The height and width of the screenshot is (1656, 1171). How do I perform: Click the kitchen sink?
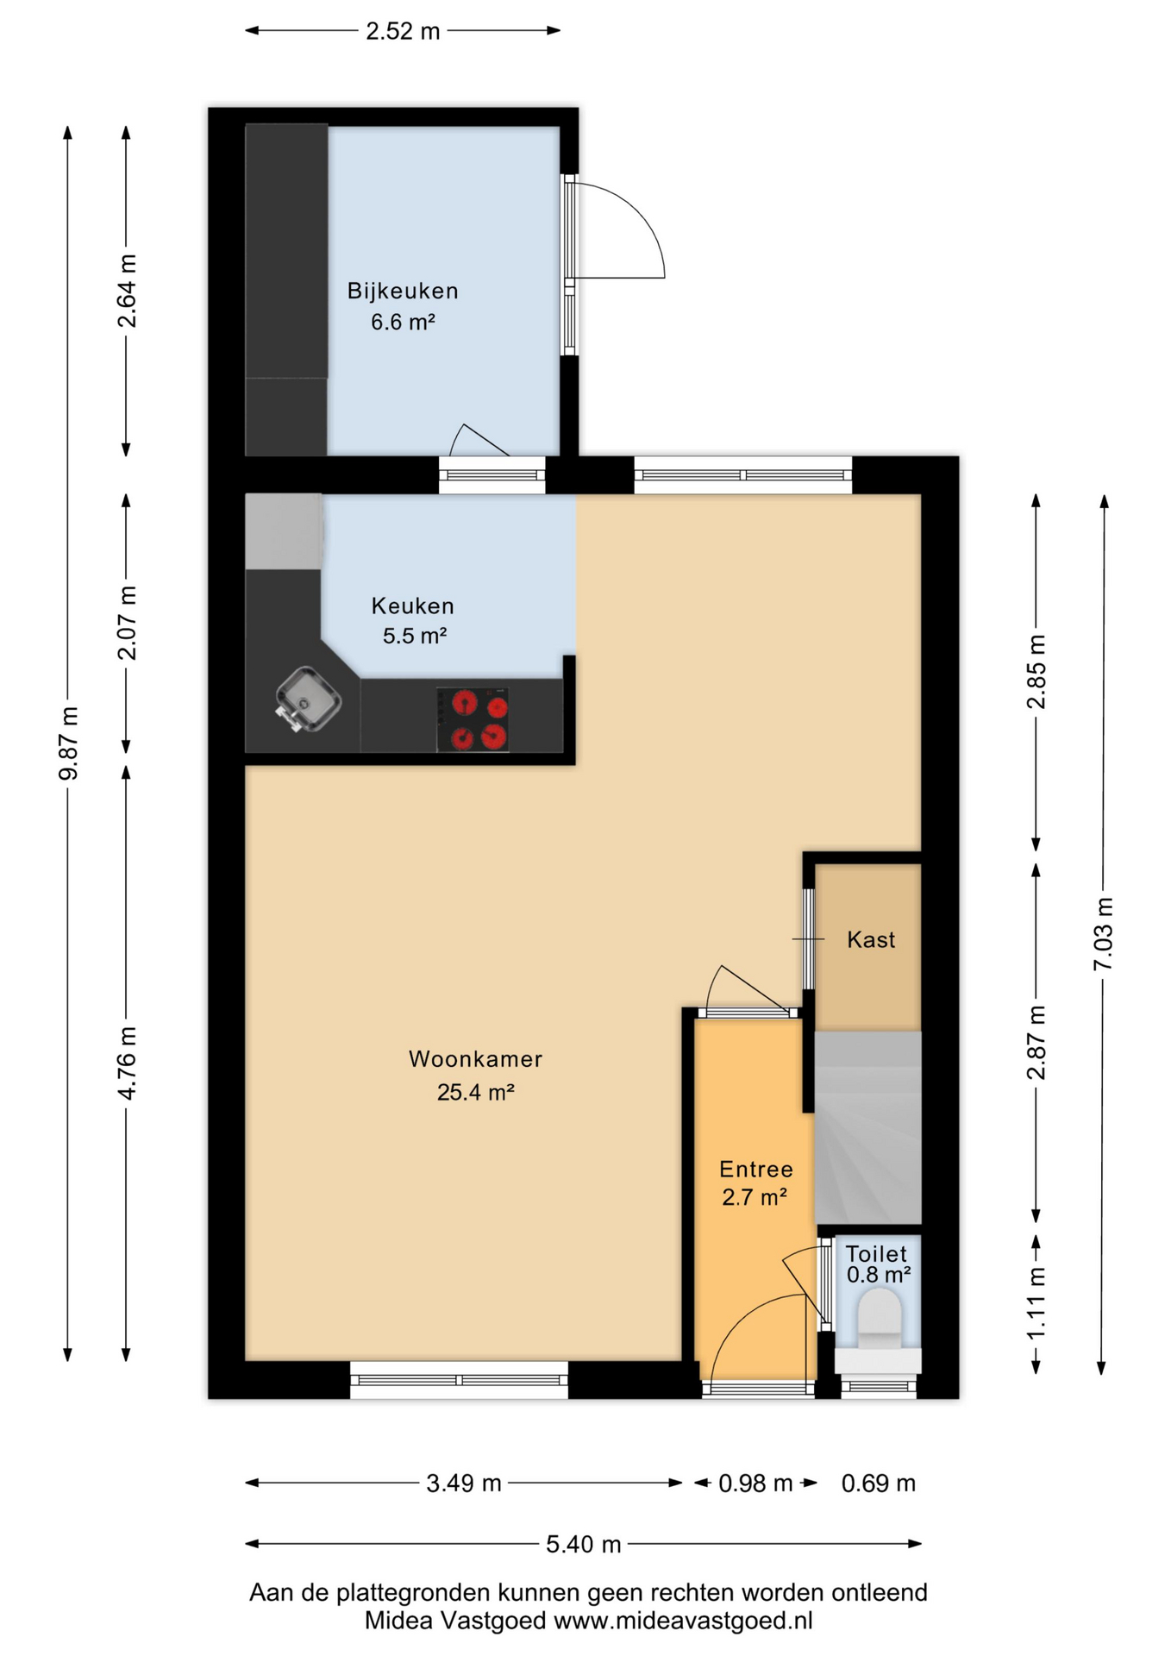coord(309,699)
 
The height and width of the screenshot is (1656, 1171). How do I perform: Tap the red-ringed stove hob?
coord(473,720)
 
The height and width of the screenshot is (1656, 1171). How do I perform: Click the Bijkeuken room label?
coord(403,292)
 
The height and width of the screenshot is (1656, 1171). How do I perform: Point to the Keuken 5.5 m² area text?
coord(414,636)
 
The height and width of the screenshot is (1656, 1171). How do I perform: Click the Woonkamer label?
coord(475,1059)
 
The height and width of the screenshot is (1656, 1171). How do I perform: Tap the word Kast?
coord(871,940)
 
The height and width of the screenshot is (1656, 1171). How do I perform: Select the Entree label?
coord(756,1170)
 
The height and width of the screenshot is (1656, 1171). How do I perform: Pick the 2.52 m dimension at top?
coord(403,32)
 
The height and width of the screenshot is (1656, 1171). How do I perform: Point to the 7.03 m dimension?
coord(1104,934)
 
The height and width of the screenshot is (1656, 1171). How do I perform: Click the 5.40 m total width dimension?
coord(583,1544)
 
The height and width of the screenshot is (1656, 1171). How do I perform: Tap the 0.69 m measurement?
coord(878,1483)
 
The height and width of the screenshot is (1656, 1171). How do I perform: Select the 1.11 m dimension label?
coord(1036,1303)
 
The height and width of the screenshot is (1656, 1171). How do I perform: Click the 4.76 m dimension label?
coord(127,1063)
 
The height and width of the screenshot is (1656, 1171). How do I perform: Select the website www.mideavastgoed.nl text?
coord(683,1621)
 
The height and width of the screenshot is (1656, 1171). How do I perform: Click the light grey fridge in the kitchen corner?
coord(284,530)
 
